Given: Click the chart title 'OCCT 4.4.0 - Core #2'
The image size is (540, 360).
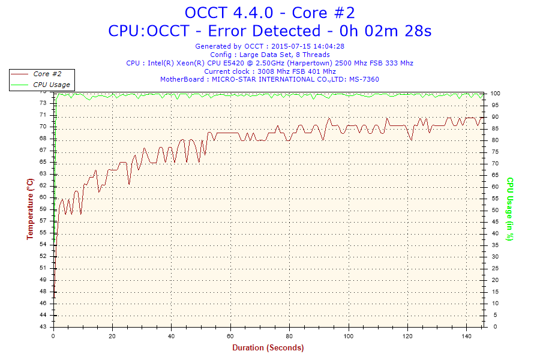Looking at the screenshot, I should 269,13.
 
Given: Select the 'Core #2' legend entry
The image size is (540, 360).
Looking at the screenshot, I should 47,74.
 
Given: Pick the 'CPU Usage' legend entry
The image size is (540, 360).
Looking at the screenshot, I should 51,85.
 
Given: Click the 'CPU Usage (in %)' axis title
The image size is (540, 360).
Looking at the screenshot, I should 510,209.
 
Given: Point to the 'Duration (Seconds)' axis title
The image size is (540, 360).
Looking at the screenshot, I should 268,348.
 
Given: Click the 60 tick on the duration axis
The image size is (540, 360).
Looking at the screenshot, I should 230,336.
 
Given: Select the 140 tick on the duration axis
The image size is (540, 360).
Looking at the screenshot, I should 466,336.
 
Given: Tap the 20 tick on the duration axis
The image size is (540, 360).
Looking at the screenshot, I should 113,336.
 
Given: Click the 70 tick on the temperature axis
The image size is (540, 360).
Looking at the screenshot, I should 43,127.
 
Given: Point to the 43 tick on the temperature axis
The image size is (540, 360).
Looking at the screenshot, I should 43,327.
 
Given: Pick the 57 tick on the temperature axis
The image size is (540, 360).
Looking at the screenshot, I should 43,221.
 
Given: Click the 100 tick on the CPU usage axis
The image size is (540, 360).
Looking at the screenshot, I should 496,94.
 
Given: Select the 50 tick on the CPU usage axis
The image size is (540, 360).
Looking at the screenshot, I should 494,210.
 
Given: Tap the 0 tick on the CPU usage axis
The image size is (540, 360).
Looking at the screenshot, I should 493,327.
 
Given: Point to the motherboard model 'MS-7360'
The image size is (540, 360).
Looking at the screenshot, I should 364,79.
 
